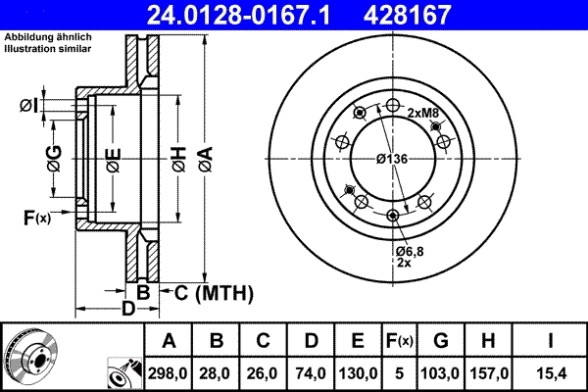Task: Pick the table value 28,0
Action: point(218,373)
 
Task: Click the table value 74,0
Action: point(311,373)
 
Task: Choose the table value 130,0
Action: point(358,373)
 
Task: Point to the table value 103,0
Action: point(441,373)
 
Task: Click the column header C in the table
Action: point(264,341)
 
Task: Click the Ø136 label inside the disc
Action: point(392,160)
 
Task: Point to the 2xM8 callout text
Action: point(422,114)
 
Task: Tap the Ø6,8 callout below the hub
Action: point(409,253)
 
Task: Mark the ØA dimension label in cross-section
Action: point(204,154)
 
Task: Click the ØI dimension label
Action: point(28,105)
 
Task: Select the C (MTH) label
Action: point(215,292)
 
